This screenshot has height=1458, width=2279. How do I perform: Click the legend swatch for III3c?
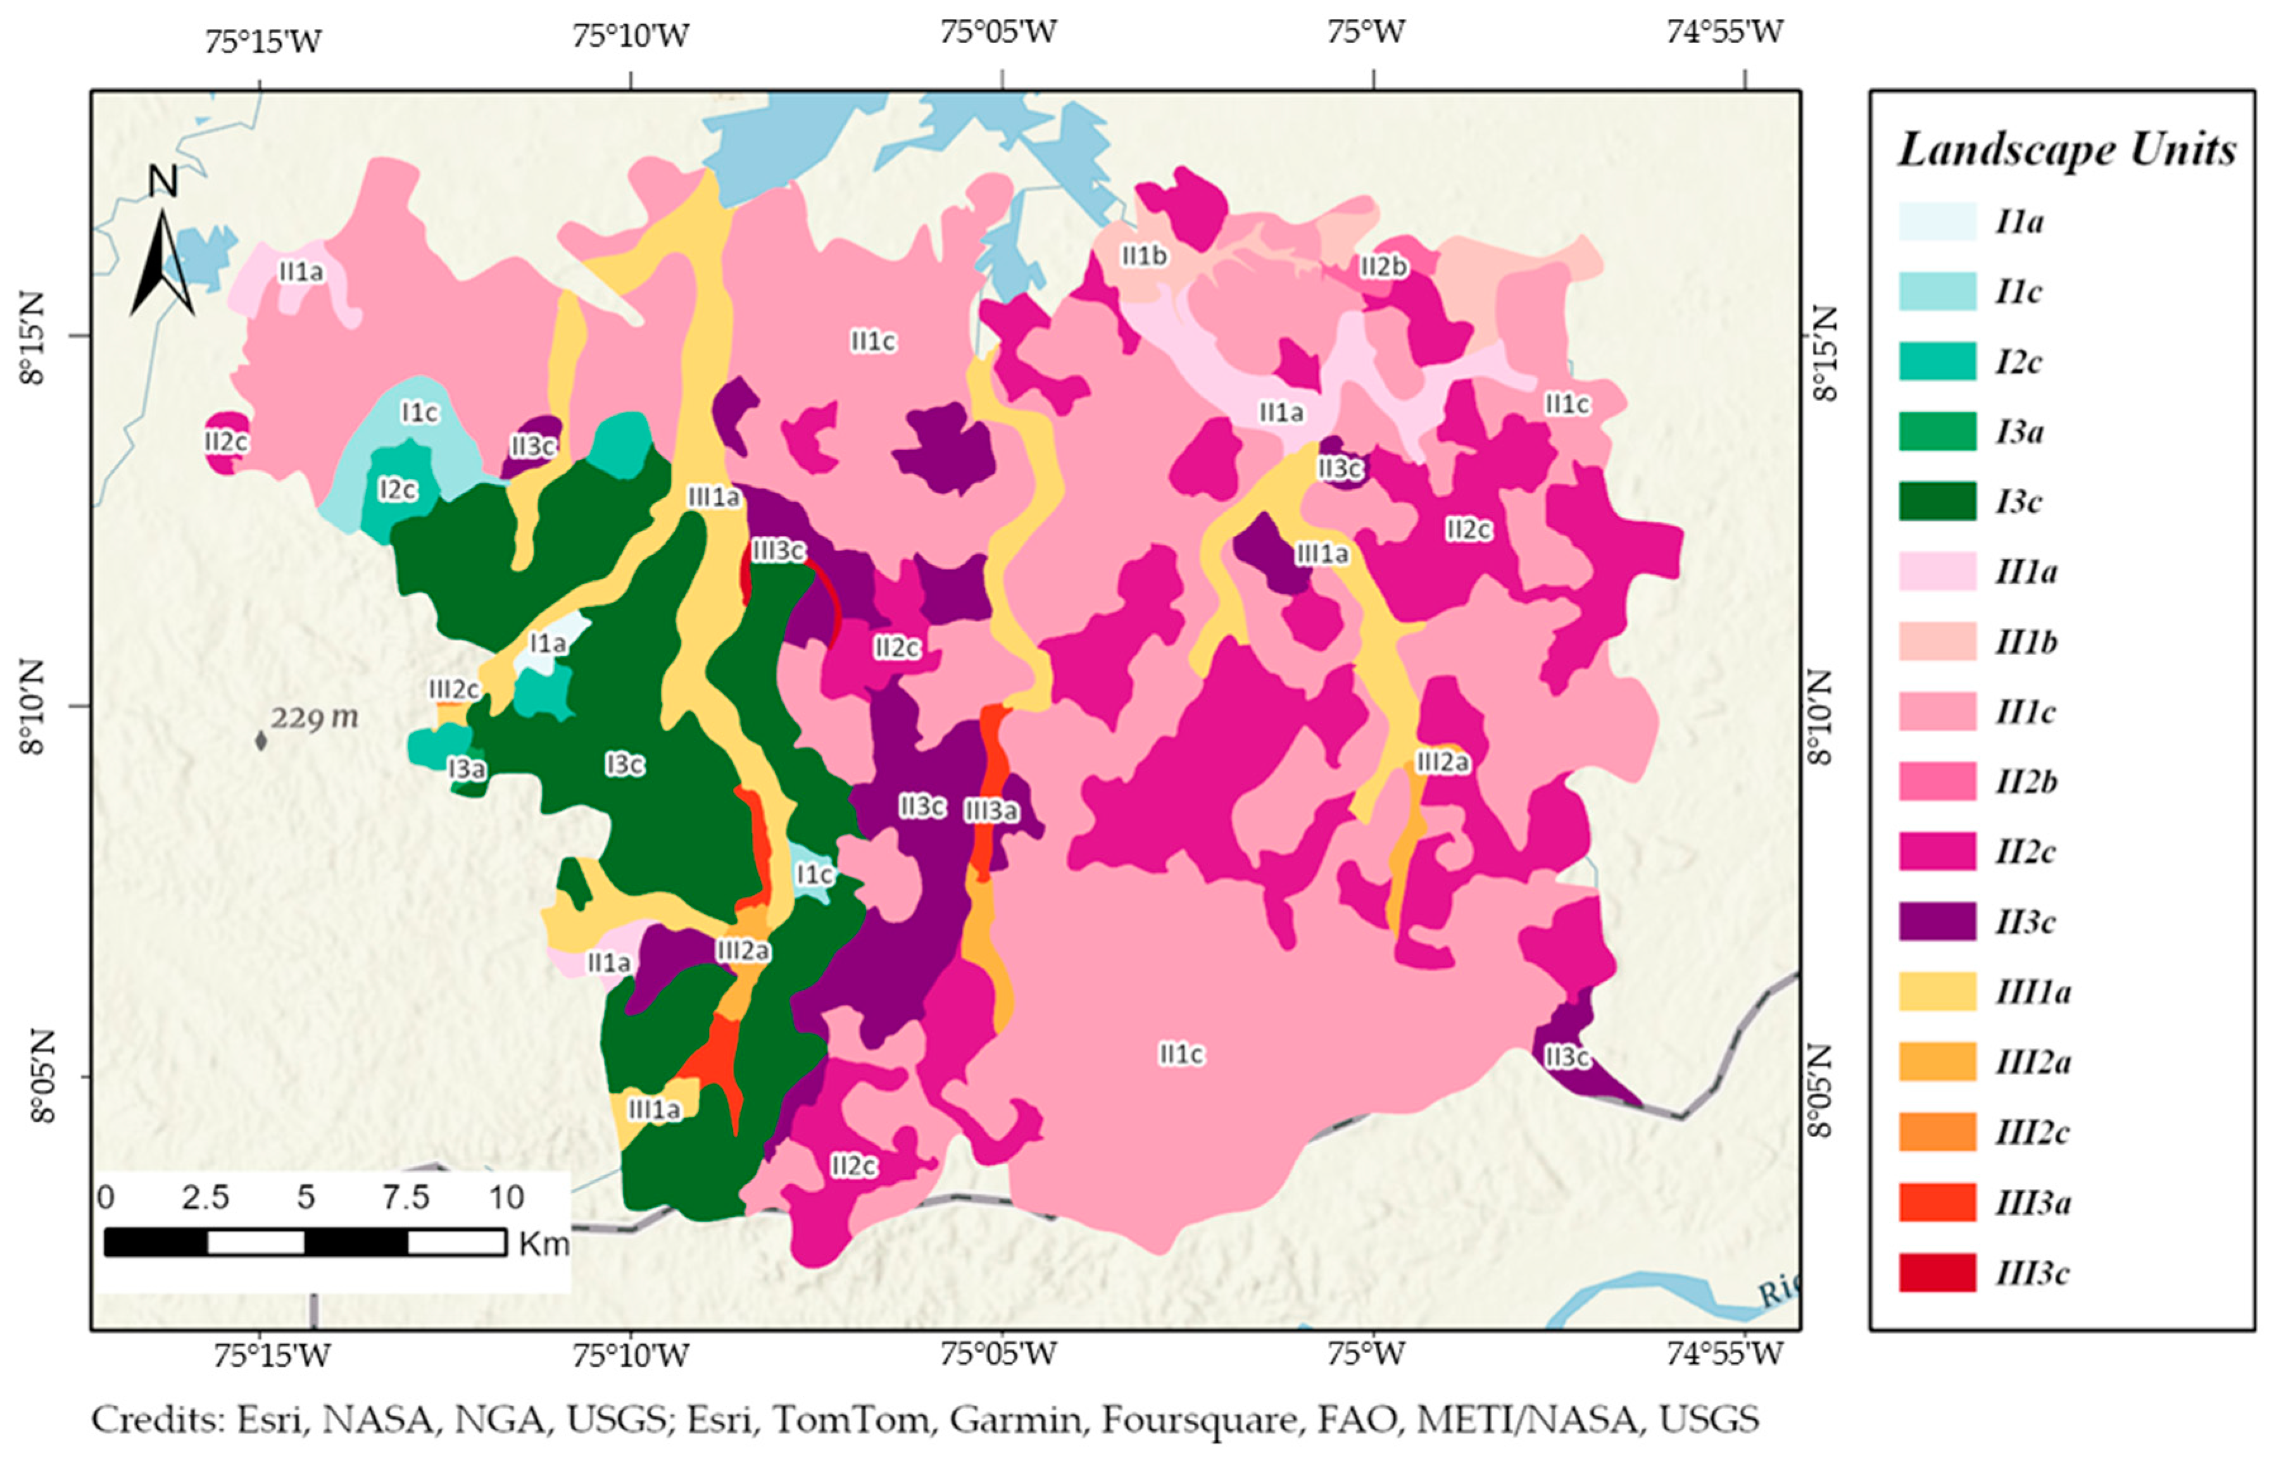tap(1937, 1273)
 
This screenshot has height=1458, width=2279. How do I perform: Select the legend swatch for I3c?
tap(1937, 501)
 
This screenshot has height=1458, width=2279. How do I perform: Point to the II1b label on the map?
tap(1144, 256)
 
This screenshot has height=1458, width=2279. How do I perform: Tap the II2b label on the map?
tap(1383, 267)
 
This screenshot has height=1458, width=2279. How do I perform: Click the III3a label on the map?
tap(990, 811)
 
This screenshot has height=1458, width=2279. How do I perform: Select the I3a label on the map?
tap(467, 769)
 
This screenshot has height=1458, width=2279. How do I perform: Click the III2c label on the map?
tap(453, 689)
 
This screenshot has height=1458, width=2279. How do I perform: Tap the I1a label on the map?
tap(547, 644)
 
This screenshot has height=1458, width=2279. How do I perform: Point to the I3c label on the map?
tap(625, 764)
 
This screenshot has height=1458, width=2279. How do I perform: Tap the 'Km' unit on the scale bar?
tap(543, 1243)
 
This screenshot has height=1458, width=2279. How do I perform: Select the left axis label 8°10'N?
tap(31, 706)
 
